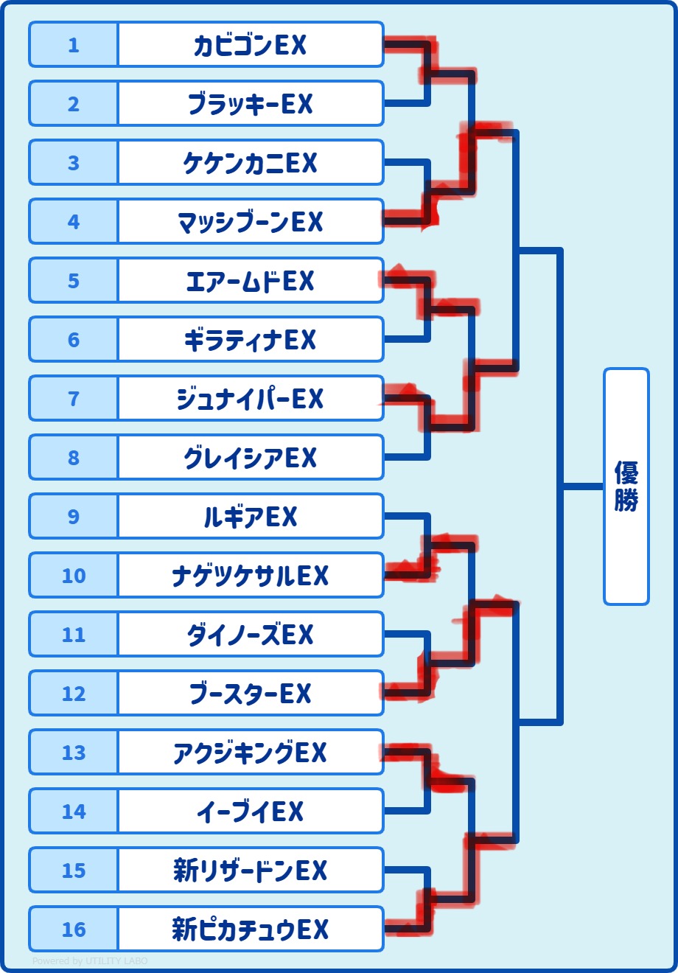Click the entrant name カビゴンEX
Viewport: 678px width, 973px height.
[x=250, y=45]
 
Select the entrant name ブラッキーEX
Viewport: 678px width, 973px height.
[x=250, y=104]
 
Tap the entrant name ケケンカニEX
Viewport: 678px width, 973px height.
[x=250, y=163]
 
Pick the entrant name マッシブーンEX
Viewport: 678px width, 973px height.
[x=250, y=222]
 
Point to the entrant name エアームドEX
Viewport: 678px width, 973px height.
[x=250, y=281]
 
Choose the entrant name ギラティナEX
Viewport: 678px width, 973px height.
[x=250, y=340]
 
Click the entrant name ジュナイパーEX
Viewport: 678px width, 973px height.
[x=250, y=399]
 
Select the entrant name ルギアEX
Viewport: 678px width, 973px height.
[x=250, y=517]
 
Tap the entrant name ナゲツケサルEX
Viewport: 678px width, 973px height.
[x=250, y=576]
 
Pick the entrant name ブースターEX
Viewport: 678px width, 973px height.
[x=250, y=694]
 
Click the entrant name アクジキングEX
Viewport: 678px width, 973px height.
[x=250, y=753]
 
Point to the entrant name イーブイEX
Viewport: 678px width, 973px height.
[x=250, y=812]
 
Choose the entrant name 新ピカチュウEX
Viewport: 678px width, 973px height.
[x=250, y=930]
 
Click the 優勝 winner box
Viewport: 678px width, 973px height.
[x=626, y=486]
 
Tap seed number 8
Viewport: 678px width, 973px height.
[x=74, y=458]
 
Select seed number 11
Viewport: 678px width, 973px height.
[x=74, y=635]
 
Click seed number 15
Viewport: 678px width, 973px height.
[x=74, y=871]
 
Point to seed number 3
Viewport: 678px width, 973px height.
[x=74, y=163]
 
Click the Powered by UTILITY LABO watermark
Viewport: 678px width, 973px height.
[x=90, y=961]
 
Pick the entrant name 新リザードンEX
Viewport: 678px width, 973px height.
[x=250, y=871]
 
